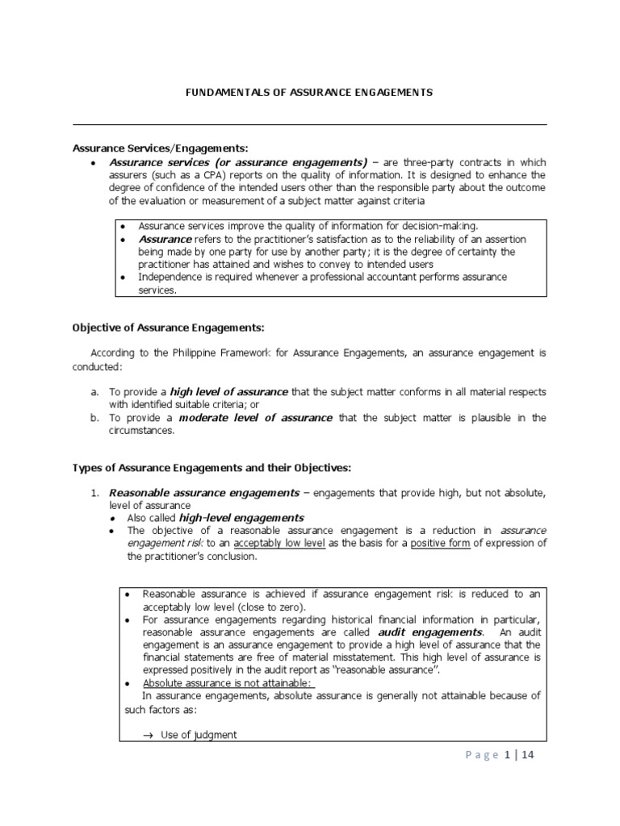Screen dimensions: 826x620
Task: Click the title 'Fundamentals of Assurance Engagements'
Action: tap(309, 93)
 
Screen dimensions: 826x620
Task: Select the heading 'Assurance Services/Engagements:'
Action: tap(161, 148)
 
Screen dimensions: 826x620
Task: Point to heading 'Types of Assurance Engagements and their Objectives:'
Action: tap(212, 468)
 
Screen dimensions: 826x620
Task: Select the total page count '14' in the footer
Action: tap(528, 755)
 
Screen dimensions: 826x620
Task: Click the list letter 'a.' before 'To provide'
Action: tap(94, 391)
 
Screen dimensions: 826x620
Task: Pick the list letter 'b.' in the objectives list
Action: tap(94, 418)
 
